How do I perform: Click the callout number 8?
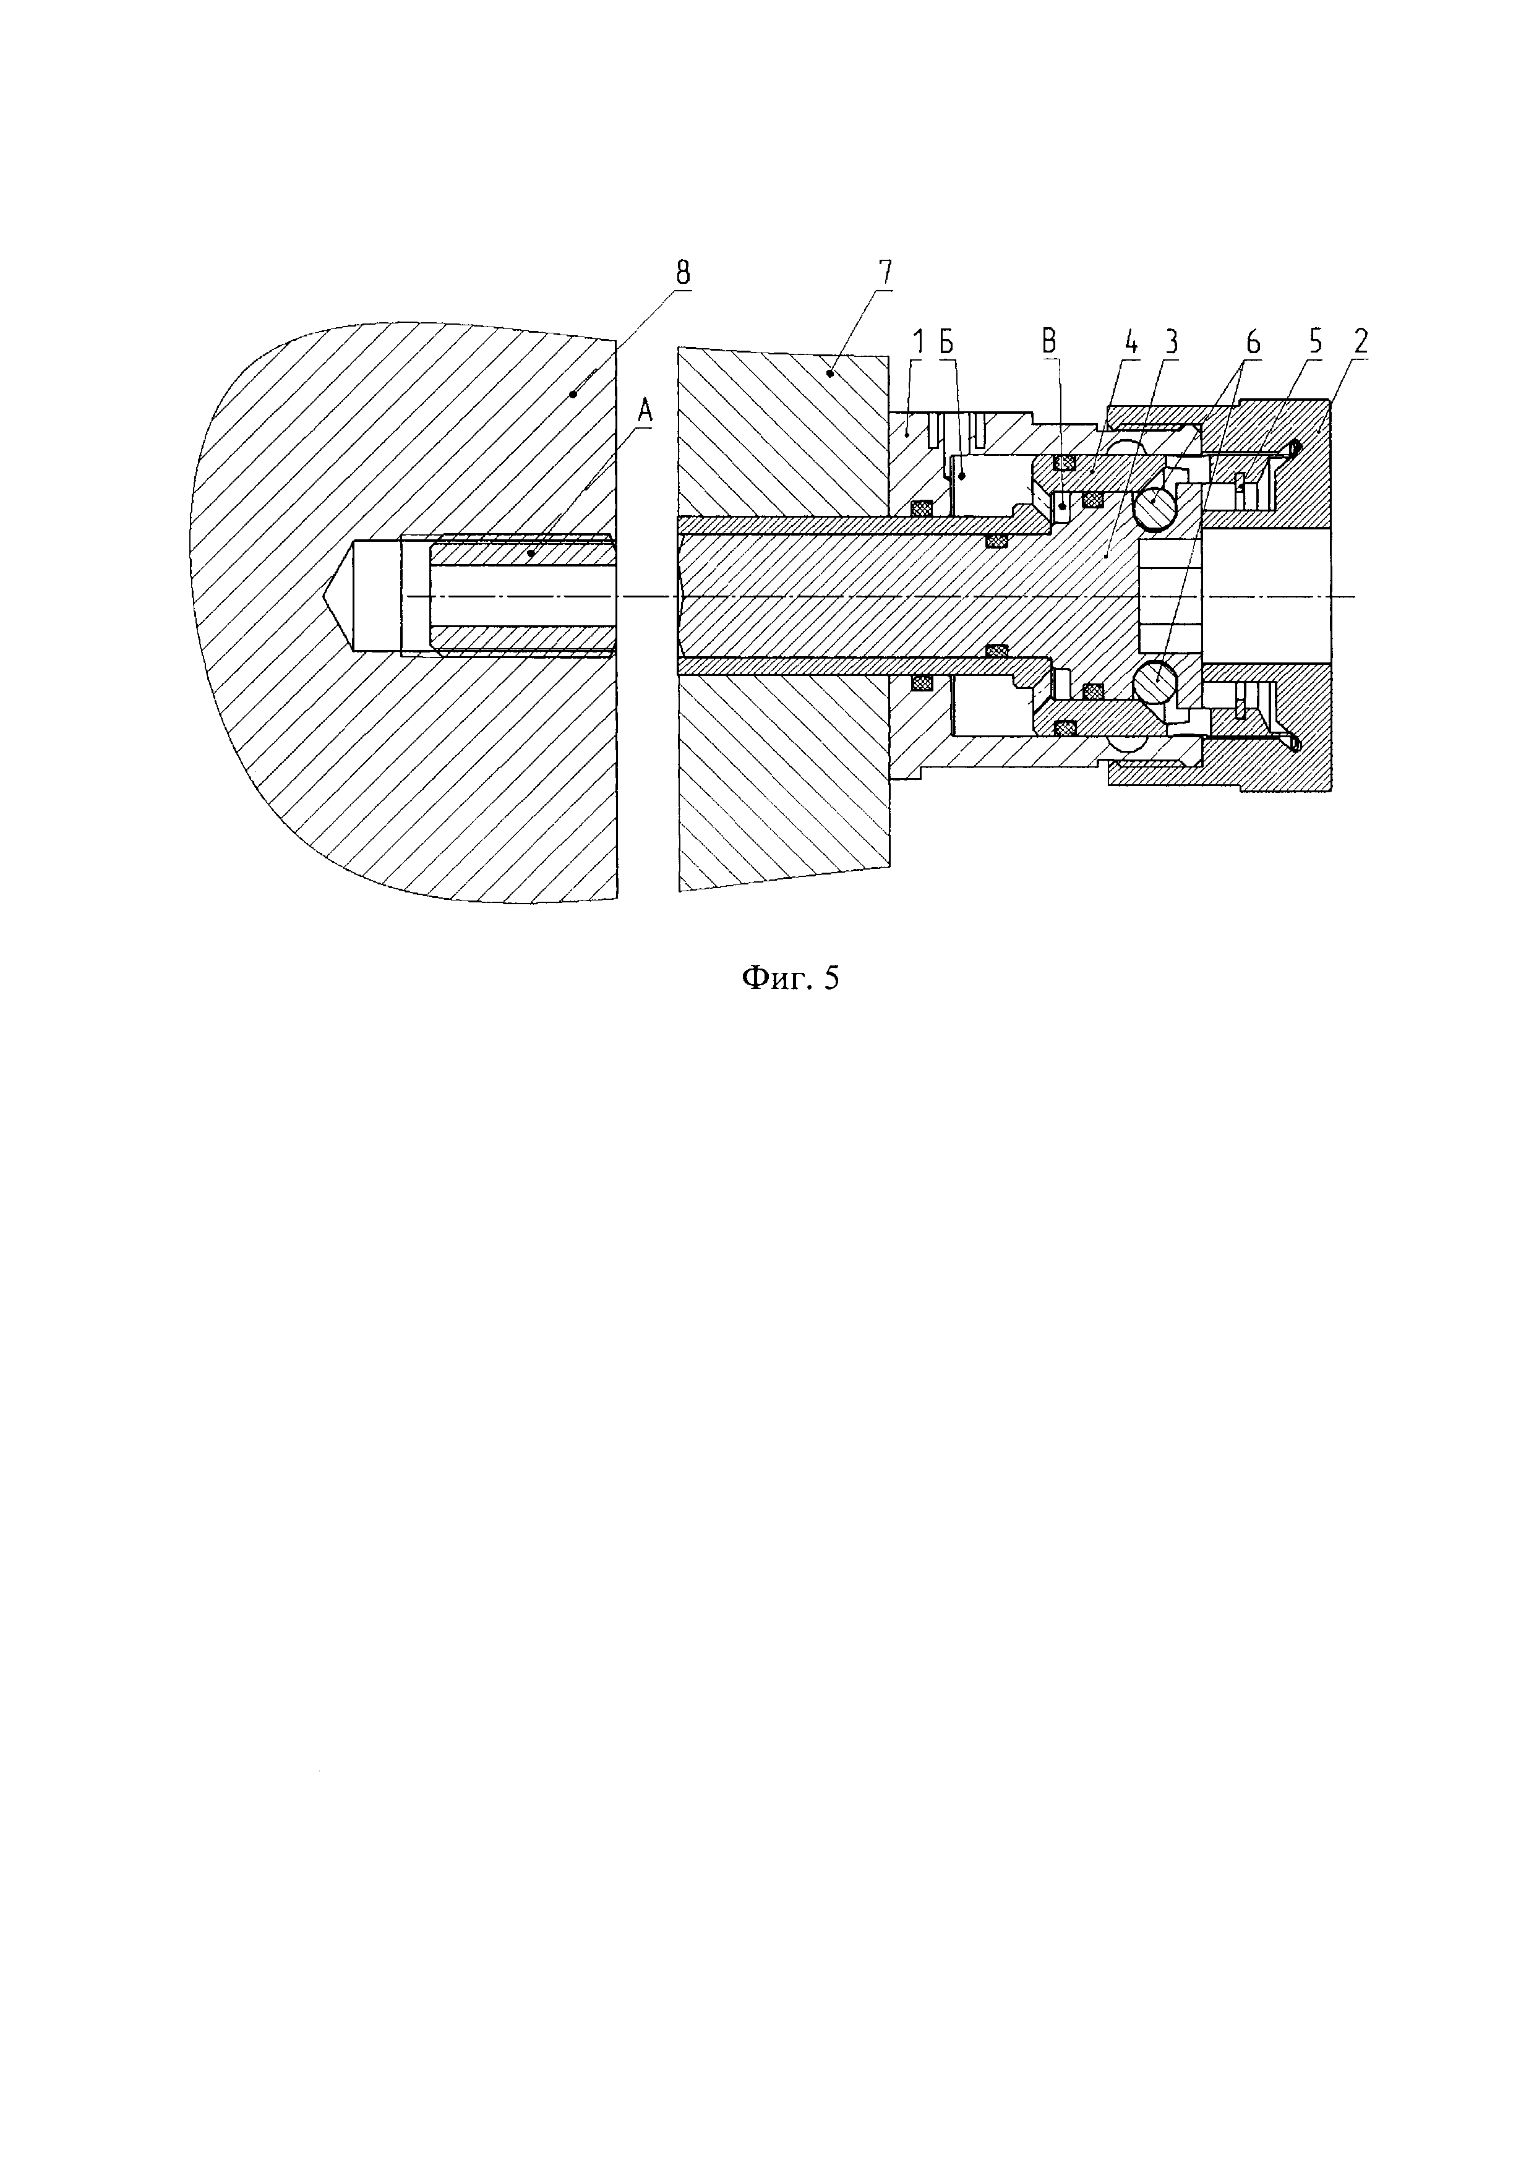tap(682, 273)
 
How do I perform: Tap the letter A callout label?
tap(645, 410)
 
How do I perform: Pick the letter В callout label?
tap(1050, 342)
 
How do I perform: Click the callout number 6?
tap(1253, 342)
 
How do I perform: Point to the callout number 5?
tap(1316, 342)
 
